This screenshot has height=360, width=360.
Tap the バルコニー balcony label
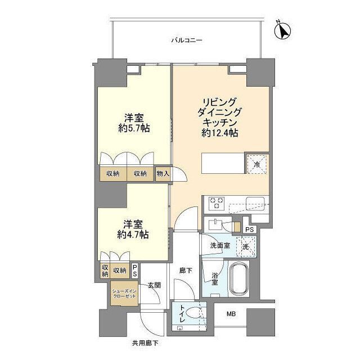186,40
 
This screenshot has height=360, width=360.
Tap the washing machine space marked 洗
246,246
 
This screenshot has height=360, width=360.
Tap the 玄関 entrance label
155,285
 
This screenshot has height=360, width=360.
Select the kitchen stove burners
217,202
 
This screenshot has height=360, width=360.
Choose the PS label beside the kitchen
250,229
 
